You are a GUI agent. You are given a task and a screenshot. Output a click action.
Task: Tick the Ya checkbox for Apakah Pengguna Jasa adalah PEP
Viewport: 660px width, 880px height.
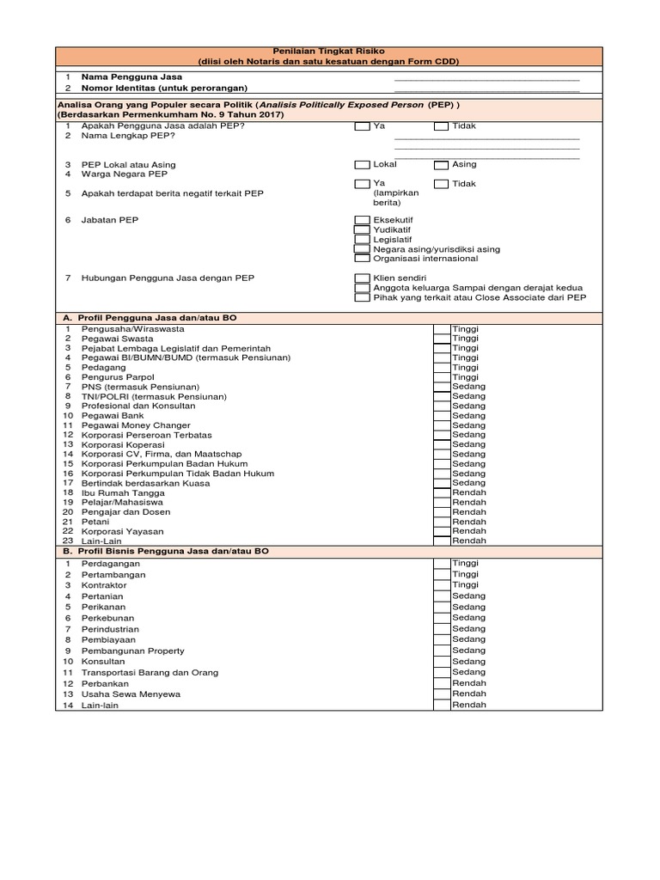pos(362,126)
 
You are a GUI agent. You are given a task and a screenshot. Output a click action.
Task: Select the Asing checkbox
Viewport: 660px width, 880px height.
pos(441,164)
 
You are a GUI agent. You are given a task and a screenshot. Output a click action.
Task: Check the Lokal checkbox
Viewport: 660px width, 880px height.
pos(362,164)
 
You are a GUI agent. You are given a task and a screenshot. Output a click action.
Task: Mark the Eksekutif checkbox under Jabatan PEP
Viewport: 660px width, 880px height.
pos(362,221)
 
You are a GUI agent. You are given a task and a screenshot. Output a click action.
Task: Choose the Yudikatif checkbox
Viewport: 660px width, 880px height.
pos(362,230)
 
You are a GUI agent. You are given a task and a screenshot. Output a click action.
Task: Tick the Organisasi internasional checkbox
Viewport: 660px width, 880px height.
pos(362,259)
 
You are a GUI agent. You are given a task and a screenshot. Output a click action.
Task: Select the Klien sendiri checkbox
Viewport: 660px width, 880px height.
pos(362,278)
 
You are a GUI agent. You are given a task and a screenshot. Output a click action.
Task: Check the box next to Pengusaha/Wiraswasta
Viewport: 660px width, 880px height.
pos(441,329)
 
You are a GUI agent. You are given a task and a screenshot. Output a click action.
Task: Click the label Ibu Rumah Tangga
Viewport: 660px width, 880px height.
pos(123,492)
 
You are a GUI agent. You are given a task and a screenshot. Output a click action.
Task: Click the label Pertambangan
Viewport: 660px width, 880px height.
pos(113,575)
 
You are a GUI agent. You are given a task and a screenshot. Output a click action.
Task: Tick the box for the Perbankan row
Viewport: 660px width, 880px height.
pos(441,683)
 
